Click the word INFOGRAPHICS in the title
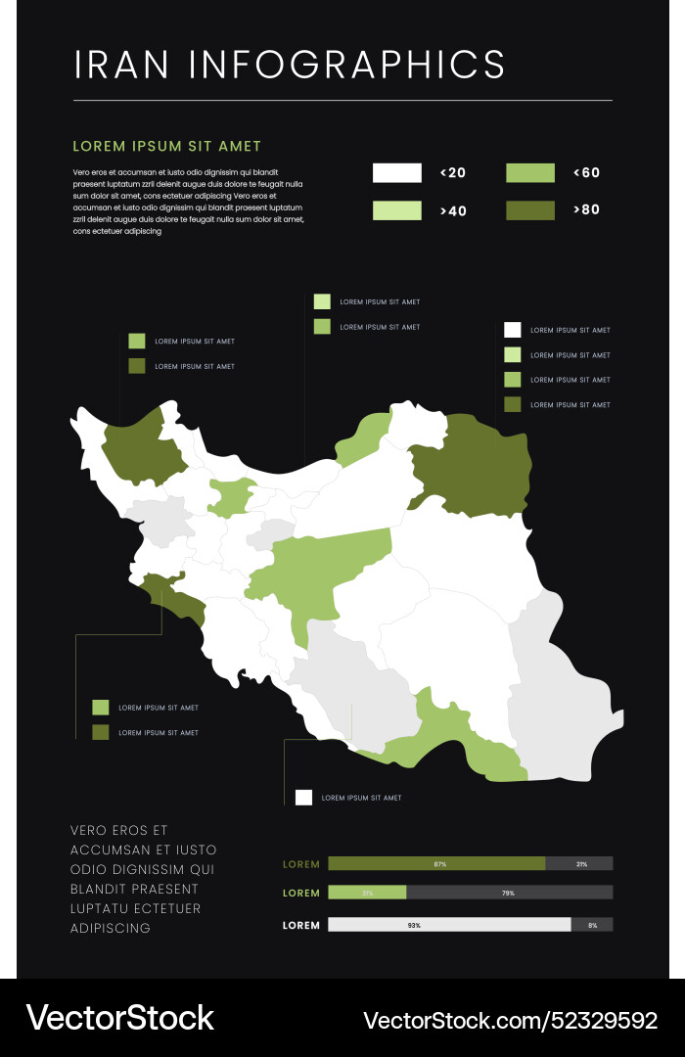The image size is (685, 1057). click(347, 64)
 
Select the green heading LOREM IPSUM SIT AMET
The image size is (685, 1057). click(167, 146)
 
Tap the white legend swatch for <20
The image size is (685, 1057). click(396, 173)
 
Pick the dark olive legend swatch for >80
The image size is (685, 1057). click(529, 210)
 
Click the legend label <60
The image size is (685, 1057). click(586, 173)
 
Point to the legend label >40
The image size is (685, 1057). click(453, 210)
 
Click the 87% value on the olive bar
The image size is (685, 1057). click(440, 863)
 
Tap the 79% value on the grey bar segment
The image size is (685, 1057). click(508, 893)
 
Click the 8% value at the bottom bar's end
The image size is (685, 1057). click(592, 925)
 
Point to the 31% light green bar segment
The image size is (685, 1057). click(367, 893)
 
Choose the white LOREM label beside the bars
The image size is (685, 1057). click(301, 925)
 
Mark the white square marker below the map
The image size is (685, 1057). click(303, 798)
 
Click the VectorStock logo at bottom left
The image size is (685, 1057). click(119, 1018)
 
